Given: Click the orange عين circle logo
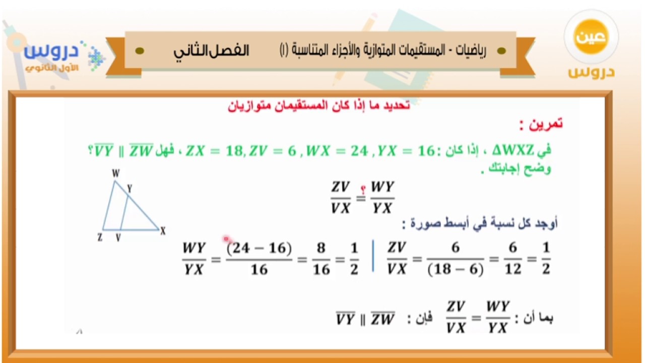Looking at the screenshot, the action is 591,37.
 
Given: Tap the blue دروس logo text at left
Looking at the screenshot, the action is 51,51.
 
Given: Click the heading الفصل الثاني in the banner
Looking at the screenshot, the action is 211,51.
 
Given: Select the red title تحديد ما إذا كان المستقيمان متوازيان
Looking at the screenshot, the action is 319,105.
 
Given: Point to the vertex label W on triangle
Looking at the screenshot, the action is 116,173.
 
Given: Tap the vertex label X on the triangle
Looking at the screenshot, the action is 163,231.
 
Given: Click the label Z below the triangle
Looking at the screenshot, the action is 100,237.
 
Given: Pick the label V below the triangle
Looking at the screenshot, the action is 118,237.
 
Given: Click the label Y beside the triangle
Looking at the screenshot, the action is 130,189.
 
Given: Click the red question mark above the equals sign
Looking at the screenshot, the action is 363,190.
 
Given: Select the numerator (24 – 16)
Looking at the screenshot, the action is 259,248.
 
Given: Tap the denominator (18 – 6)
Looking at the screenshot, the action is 456,270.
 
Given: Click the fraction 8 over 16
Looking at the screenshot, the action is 321,259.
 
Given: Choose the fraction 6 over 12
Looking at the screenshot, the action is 513,259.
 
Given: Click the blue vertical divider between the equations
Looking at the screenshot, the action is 373,256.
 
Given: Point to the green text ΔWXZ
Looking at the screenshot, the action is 513,150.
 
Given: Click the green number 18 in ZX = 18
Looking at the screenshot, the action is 235,151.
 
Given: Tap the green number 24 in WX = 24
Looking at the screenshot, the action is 359,151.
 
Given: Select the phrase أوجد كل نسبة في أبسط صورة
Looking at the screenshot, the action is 480,223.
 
